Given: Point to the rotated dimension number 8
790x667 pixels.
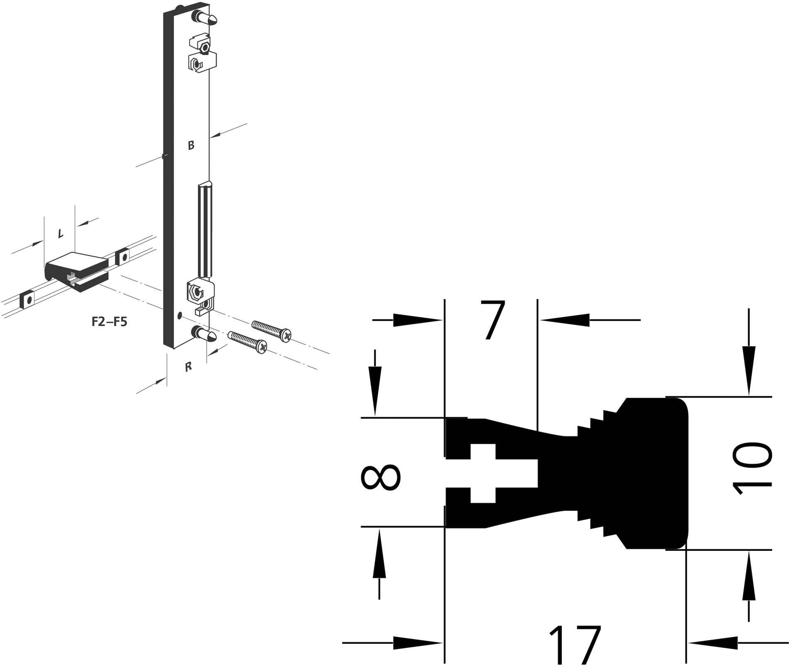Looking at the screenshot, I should (x=381, y=477).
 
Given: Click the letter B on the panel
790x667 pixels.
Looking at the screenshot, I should (x=191, y=146).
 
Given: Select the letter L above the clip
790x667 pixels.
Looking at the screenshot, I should (x=61, y=234).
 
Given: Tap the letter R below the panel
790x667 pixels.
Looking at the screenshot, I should (x=188, y=367).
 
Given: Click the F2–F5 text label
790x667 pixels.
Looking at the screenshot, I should (x=109, y=322).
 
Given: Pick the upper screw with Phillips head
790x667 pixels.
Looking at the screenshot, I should (x=272, y=331).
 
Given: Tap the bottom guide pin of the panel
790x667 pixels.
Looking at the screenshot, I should (x=205, y=333).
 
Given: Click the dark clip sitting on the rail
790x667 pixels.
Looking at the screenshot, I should (x=77, y=270).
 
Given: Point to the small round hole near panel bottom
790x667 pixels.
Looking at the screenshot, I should (x=179, y=316).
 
